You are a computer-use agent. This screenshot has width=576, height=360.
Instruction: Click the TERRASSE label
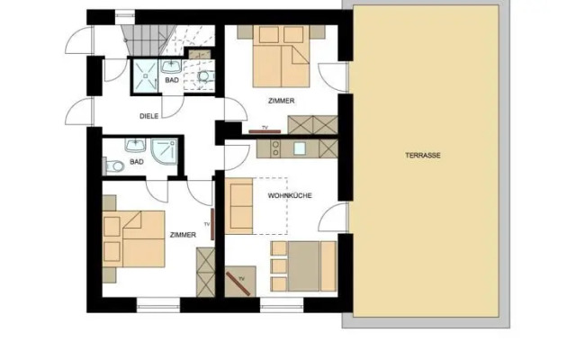[x=422, y=156]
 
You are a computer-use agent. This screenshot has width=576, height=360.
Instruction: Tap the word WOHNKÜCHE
[x=290, y=194]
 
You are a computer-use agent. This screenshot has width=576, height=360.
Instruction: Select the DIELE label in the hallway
[x=149, y=116]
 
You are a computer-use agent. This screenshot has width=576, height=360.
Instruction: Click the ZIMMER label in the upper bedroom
[x=281, y=101]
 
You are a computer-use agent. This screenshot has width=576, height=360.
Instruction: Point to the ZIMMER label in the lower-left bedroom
[x=183, y=234]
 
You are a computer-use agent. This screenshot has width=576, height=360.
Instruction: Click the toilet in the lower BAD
[x=112, y=166]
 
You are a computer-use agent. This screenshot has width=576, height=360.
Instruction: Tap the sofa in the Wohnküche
[x=239, y=205]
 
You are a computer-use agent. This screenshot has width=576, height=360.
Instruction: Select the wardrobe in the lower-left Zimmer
[x=204, y=271]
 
